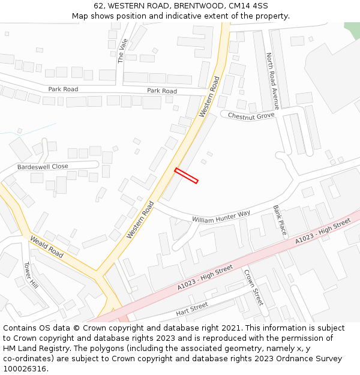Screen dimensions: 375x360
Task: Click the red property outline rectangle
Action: point(186,175)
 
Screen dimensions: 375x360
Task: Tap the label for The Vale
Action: point(123,50)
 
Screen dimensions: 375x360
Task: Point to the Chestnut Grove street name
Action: point(251,115)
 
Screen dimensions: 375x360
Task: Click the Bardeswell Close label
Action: point(43,166)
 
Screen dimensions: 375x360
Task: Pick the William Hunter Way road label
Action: point(221,217)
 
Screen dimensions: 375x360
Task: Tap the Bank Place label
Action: point(280,220)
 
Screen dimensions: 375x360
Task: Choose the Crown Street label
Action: point(253,287)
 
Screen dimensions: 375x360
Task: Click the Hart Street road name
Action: point(192,309)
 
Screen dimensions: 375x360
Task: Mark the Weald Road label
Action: point(47,247)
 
